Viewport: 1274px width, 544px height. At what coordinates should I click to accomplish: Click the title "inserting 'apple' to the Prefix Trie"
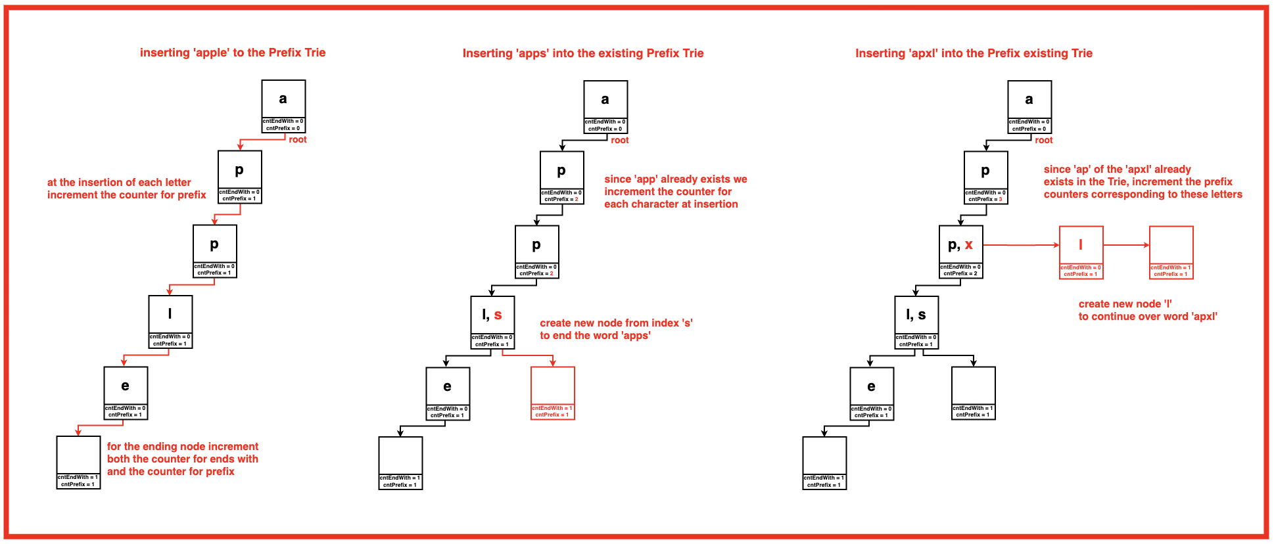(233, 53)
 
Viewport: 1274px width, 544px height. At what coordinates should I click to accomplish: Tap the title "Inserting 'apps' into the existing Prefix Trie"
(583, 53)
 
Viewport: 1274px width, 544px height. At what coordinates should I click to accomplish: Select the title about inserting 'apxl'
(974, 53)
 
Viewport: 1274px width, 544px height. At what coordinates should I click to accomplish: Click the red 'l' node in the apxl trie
(1081, 252)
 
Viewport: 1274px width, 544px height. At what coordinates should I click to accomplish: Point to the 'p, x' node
(960, 252)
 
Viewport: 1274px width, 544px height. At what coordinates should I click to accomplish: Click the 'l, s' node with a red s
(492, 322)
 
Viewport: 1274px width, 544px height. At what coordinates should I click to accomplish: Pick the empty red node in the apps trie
(553, 392)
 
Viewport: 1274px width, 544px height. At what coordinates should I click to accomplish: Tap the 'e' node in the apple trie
(126, 393)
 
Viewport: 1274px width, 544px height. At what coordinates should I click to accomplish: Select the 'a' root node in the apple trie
(283, 106)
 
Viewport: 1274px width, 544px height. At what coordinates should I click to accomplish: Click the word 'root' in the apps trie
(620, 140)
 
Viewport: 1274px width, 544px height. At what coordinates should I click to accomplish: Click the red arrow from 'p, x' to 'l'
(1021, 245)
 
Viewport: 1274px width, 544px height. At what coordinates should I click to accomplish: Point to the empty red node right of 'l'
(1171, 252)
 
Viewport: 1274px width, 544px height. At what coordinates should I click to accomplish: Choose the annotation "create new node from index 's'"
(616, 323)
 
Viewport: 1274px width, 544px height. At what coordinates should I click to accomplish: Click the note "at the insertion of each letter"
(119, 182)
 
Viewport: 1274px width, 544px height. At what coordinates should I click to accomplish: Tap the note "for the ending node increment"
(183, 446)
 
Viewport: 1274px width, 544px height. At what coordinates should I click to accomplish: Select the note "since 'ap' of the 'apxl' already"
(1117, 169)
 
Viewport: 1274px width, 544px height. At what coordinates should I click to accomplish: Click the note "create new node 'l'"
(1125, 304)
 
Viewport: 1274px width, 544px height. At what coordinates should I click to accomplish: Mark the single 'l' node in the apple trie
(170, 321)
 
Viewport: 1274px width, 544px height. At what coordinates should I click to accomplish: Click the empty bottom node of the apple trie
(78, 462)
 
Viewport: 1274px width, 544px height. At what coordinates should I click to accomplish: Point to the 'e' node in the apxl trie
(871, 393)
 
